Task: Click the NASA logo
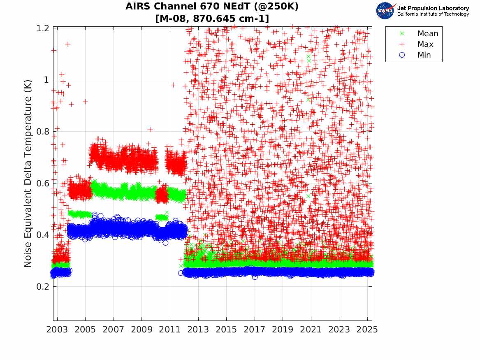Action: tap(386, 11)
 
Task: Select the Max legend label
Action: tap(425, 44)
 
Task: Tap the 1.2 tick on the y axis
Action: tap(43, 28)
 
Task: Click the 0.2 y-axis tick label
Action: tap(43, 287)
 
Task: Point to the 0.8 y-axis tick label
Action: tap(43, 132)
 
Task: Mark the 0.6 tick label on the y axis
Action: tap(43, 183)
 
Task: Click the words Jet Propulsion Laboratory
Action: tap(433, 8)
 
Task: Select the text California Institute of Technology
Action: tap(433, 14)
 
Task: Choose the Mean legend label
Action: tap(428, 34)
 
